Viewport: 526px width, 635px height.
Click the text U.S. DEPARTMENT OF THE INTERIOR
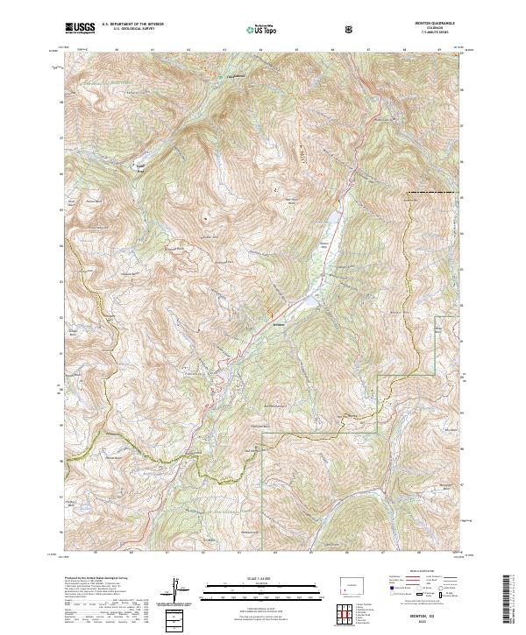click(134, 25)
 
